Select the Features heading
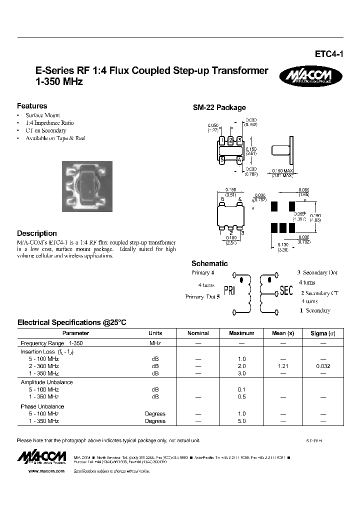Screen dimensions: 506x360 pyautogui.click(x=32, y=106)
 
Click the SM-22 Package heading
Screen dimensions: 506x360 pyautogui.click(x=219, y=107)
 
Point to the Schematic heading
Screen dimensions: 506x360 pyautogui.click(x=209, y=263)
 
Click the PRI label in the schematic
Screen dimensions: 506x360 pyautogui.click(x=229, y=290)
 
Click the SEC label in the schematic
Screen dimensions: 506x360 pyautogui.click(x=286, y=290)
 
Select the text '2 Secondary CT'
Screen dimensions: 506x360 pyautogui.click(x=319, y=293)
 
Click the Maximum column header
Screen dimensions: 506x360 pyautogui.click(x=241, y=333)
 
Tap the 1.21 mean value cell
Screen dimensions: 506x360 pyautogui.click(x=282, y=366)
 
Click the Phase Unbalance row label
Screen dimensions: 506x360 pyautogui.click(x=42, y=406)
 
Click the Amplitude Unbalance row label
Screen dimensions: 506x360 pyautogui.click(x=46, y=382)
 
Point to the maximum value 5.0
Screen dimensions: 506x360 pyautogui.click(x=242, y=421)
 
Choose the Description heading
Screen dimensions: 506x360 pyautogui.click(x=37, y=233)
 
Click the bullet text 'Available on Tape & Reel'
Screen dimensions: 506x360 pyautogui.click(x=55, y=138)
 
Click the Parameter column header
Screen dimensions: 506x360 pyautogui.click(x=75, y=333)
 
